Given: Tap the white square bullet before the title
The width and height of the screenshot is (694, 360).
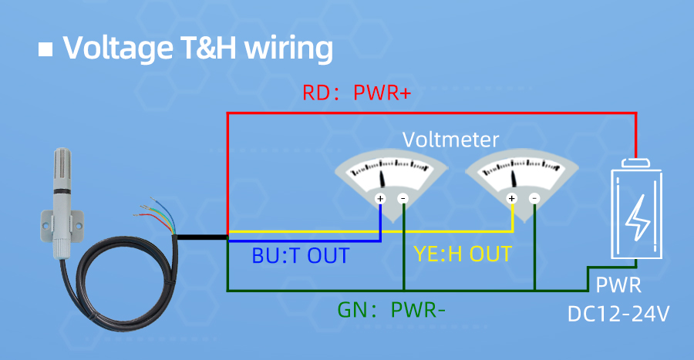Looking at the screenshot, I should point(45,49).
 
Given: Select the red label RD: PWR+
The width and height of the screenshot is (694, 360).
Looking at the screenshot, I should point(356,93).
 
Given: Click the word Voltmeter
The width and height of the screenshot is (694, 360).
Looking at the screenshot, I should point(451,140).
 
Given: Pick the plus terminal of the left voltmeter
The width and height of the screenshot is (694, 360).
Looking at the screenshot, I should point(379,199).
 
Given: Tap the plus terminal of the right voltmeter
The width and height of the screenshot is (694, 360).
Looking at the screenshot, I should point(511,199).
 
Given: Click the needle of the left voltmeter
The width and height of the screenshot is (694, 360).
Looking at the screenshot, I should point(383,177).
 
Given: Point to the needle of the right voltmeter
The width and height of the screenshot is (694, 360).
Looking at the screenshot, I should point(515,177).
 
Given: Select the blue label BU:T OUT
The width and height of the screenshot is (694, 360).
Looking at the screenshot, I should point(301,255).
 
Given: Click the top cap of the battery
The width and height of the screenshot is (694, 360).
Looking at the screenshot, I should point(637,163).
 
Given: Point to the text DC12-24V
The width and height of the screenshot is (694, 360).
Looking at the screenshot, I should point(618,315).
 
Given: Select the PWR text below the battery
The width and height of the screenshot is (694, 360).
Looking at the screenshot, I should point(618,287).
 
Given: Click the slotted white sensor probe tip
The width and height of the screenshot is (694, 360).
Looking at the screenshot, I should point(60,170).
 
